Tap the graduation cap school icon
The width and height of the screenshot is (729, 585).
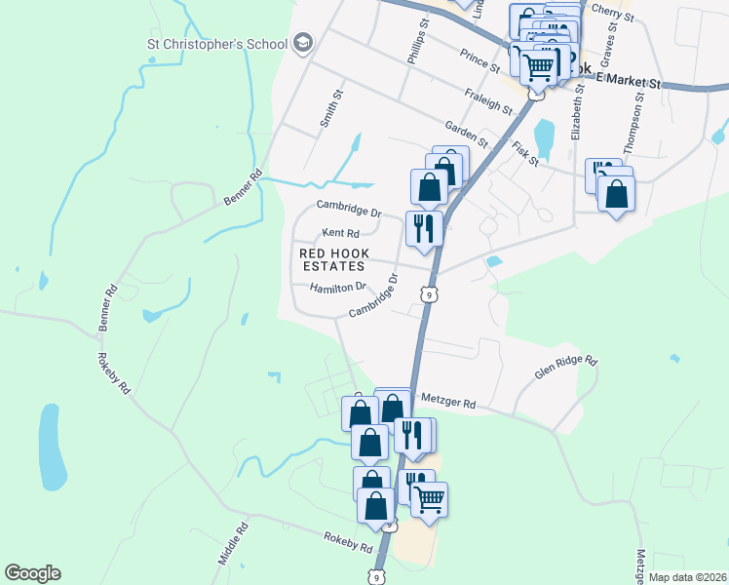tap(302, 43)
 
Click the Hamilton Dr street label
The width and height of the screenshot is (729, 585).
tap(337, 288)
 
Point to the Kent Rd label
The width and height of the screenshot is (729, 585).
tap(341, 233)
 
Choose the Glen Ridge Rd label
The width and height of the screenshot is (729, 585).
tap(564, 367)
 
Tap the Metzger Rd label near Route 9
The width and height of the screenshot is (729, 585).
tap(448, 402)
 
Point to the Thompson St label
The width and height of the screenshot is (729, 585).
tap(639, 118)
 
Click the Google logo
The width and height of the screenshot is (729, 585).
tap(32, 573)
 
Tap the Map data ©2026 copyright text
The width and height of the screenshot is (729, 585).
tap(688, 577)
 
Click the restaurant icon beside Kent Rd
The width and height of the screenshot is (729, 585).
tap(425, 229)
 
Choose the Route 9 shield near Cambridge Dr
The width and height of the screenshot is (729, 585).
tap(429, 293)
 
